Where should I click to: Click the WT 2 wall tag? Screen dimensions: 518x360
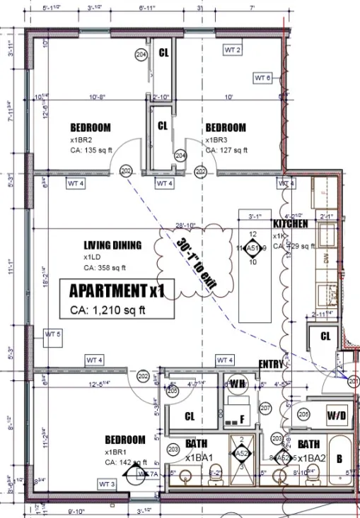tap(233, 50)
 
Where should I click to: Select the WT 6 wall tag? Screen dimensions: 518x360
tap(263, 77)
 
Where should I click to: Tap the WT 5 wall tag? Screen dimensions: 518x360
tap(53, 334)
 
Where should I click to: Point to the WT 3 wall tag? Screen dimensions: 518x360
tap(106, 484)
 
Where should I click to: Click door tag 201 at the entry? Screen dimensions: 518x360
tap(354, 381)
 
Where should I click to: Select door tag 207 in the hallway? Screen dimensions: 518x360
tap(266, 408)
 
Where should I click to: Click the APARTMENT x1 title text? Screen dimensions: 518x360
tap(116, 290)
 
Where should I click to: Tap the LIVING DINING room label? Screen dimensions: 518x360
tap(112, 245)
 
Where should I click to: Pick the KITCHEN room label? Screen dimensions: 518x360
tap(290, 223)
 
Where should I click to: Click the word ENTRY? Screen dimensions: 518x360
tap(270, 364)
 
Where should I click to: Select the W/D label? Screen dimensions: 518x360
tap(337, 415)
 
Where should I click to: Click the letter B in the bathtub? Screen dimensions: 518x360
tap(339, 458)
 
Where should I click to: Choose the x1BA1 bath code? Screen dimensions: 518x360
tap(199, 458)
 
